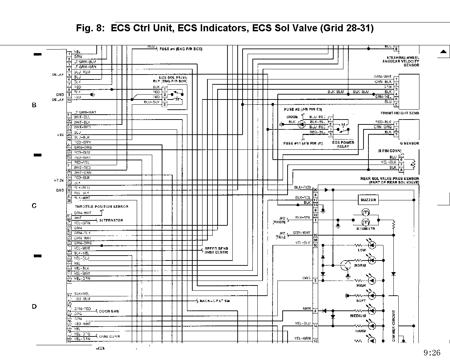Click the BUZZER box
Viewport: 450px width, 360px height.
[x=368, y=200]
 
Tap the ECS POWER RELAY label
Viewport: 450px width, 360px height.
[x=343, y=144]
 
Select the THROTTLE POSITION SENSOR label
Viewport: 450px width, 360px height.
[x=101, y=207]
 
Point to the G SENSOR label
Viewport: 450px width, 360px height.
[x=409, y=143]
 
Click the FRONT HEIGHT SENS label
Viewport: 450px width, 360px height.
[x=400, y=113]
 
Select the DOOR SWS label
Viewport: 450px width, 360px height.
[x=109, y=311]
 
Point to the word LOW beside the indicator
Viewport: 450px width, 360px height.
[x=362, y=250]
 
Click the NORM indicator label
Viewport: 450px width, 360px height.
[x=360, y=266]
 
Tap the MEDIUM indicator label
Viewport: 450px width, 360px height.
[x=358, y=316]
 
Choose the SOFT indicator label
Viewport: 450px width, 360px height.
[x=361, y=301]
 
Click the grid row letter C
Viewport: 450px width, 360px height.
[x=34, y=206]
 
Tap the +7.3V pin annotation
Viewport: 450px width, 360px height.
[x=58, y=180]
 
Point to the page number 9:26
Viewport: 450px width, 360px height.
[x=432, y=353]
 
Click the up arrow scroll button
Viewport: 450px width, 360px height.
[x=443, y=52]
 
